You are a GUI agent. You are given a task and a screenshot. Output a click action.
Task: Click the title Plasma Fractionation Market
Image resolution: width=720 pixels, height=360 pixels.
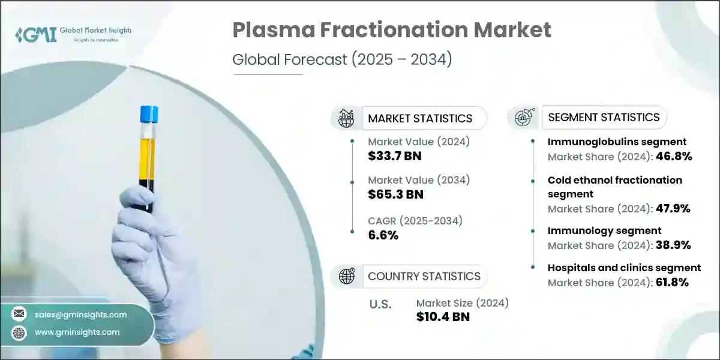[391, 29]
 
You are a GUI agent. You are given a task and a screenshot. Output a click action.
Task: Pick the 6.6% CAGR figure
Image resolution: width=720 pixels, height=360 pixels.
[383, 235]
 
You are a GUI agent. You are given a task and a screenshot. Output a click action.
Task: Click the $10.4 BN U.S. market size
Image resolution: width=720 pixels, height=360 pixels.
[443, 317]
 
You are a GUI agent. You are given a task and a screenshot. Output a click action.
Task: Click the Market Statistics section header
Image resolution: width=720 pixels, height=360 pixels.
[420, 118]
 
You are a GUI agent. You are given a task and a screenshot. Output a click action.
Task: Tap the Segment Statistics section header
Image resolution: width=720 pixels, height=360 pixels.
[604, 117]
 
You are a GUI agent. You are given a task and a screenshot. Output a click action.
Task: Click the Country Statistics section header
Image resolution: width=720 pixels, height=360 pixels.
[424, 276]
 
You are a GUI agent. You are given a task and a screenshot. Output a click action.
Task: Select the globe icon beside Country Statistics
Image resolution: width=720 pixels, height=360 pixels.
[347, 276]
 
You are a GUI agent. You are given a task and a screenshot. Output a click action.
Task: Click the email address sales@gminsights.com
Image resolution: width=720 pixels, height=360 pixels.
[80, 314]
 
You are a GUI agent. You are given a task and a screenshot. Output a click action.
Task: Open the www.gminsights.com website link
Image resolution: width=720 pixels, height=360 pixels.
[77, 332]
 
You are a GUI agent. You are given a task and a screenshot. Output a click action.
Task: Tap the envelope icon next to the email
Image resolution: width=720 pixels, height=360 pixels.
[19, 314]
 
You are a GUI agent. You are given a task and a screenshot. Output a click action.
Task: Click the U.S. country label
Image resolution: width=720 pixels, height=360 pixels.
[380, 304]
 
